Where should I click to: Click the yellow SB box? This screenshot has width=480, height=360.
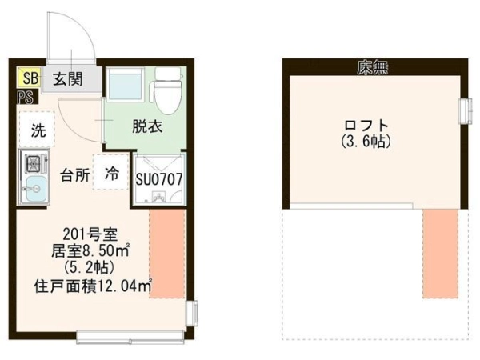click(29, 77)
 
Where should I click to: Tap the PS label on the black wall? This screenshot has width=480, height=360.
click(26, 98)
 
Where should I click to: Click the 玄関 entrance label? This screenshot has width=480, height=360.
click(68, 79)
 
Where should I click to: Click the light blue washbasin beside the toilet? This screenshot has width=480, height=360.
click(125, 84)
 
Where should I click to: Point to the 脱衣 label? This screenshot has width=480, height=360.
click(147, 126)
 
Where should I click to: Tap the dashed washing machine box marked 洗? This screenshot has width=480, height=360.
click(38, 130)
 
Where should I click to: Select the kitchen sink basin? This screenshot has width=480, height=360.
click(35, 189)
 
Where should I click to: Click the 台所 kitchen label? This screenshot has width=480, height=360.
click(75, 175)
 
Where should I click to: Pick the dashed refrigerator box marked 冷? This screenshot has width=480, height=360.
click(111, 172)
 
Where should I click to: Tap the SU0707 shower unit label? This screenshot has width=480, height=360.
click(159, 179)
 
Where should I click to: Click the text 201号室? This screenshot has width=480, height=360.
click(90, 234)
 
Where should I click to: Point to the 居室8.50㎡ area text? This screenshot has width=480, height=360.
click(90, 251)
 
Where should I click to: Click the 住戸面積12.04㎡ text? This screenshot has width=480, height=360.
click(94, 286)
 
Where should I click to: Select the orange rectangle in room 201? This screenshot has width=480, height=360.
click(167, 254)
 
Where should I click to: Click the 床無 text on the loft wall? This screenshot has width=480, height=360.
click(373, 68)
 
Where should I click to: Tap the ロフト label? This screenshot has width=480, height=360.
click(366, 126)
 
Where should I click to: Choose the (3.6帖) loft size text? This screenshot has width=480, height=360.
click(366, 142)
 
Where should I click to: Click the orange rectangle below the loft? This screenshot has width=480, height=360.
click(441, 254)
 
